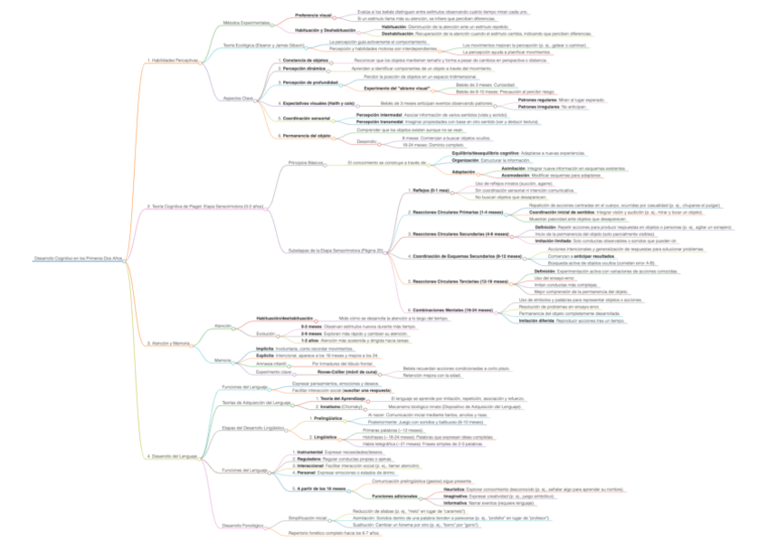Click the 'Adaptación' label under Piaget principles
(x=463, y=171)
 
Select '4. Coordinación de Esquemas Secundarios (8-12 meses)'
(x=468, y=256)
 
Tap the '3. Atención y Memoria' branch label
(x=169, y=344)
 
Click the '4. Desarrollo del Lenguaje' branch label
(x=172, y=456)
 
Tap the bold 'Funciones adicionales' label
(x=396, y=496)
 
